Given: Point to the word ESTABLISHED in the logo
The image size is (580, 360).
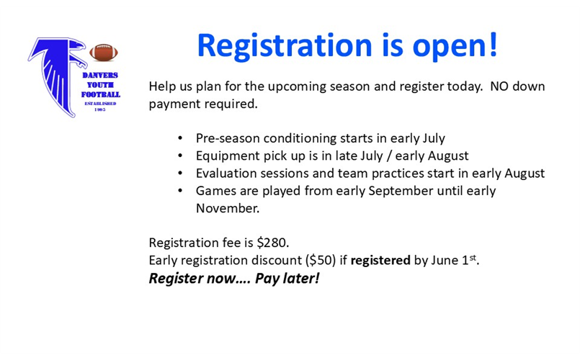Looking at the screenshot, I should point(100,103).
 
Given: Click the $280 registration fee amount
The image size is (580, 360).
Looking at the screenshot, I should point(273,243).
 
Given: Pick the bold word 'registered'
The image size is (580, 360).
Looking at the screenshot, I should point(380,260).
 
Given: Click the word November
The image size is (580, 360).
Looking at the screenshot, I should point(227,208).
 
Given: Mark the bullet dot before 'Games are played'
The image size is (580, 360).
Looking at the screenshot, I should point(180,192).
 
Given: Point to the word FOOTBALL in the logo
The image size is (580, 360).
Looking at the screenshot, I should point(100,94).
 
